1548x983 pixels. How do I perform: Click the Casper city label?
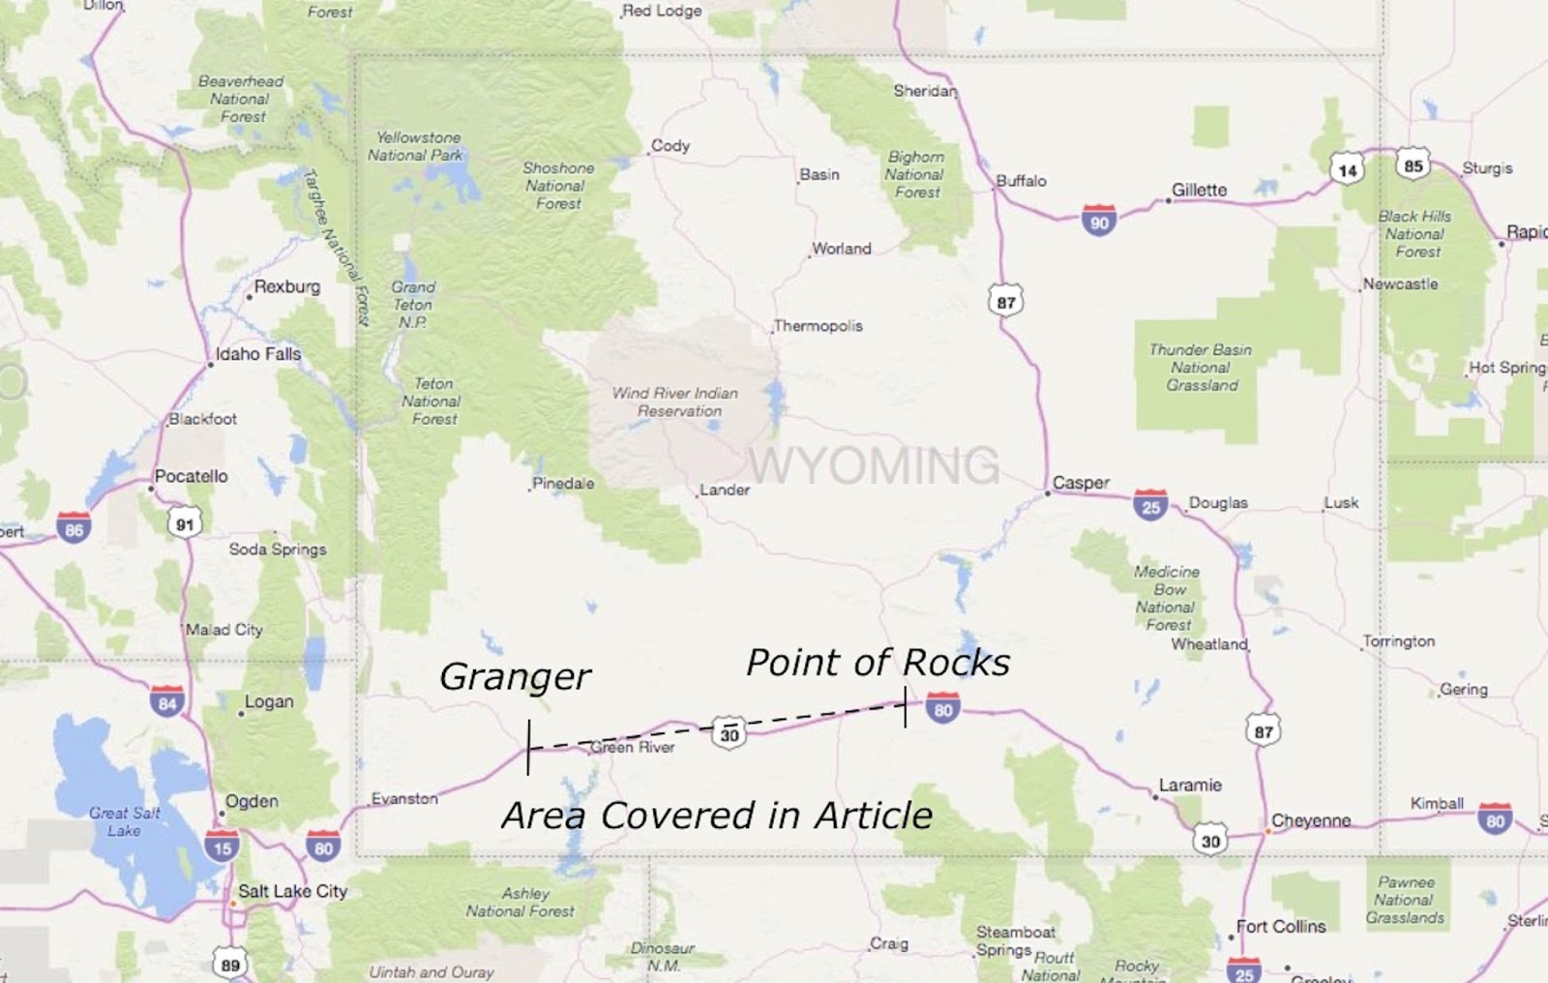pyautogui.click(x=1081, y=482)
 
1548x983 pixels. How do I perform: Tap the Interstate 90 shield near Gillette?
pyautogui.click(x=1099, y=222)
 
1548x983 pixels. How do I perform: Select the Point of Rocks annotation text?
pyautogui.click(x=878, y=663)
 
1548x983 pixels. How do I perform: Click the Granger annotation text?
pyautogui.click(x=515, y=676)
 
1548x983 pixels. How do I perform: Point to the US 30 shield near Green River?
pyautogui.click(x=729, y=733)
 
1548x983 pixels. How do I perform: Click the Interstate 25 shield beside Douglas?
pyautogui.click(x=1150, y=506)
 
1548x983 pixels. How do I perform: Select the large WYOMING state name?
pyautogui.click(x=874, y=465)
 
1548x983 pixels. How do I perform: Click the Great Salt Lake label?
pyautogui.click(x=125, y=821)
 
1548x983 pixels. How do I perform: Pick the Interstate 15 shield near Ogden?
pyautogui.click(x=222, y=847)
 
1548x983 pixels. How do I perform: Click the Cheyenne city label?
pyautogui.click(x=1311, y=820)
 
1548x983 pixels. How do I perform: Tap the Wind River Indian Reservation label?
pyautogui.click(x=674, y=402)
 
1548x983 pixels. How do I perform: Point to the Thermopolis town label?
pyautogui.click(x=819, y=326)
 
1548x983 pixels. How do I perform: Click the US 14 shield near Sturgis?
pyautogui.click(x=1347, y=170)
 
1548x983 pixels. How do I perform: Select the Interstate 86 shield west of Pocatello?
pyautogui.click(x=74, y=528)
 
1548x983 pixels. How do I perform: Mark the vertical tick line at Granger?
pyautogui.click(x=528, y=747)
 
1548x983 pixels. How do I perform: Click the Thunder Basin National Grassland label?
pyautogui.click(x=1201, y=368)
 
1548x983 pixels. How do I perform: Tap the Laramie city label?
pyautogui.click(x=1190, y=785)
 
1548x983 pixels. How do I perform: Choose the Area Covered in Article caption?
pyautogui.click(x=717, y=816)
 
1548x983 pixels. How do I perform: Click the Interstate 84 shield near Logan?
pyautogui.click(x=167, y=701)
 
